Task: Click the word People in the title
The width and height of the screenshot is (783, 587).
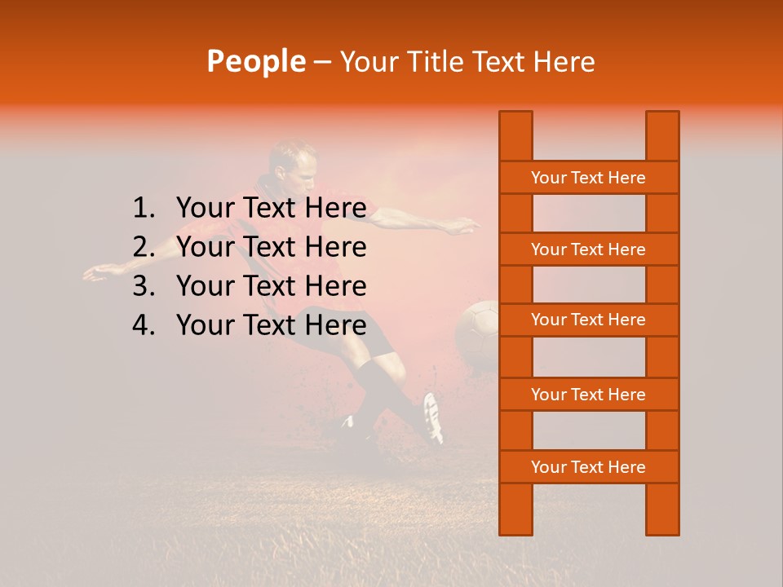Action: (x=255, y=61)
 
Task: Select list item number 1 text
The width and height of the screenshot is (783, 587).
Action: (x=271, y=209)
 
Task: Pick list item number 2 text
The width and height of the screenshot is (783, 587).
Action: (x=271, y=247)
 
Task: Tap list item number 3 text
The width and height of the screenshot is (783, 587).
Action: (x=271, y=286)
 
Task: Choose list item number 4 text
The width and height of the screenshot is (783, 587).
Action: (x=271, y=325)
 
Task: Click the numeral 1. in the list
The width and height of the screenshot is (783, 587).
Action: (x=144, y=209)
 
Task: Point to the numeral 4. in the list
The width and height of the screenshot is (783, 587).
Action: (x=144, y=325)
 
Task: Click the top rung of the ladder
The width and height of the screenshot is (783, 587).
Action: (x=588, y=178)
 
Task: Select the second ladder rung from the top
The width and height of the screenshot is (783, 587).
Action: (x=588, y=249)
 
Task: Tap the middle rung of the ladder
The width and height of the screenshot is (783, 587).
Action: (x=588, y=320)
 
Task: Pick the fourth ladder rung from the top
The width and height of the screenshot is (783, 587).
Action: (x=588, y=395)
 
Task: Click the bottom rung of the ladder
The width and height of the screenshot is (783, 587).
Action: (x=588, y=467)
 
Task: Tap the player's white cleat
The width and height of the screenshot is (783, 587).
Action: (x=433, y=417)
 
